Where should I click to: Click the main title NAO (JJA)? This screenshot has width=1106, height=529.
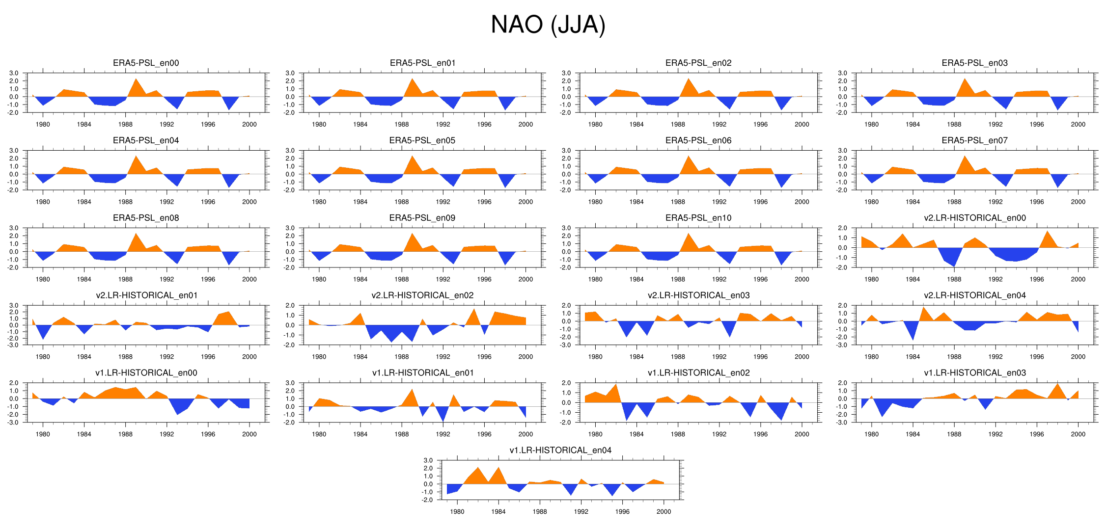pyautogui.click(x=548, y=25)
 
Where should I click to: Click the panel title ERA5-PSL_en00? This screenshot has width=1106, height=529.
pyautogui.click(x=146, y=63)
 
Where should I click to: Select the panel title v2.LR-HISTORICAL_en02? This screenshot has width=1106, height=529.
pyautogui.click(x=422, y=295)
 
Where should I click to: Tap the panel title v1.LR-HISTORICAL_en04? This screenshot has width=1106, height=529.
pyautogui.click(x=560, y=450)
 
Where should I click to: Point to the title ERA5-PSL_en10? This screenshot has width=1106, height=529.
pyautogui.click(x=698, y=218)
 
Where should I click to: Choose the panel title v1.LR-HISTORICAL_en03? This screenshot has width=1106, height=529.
pyautogui.click(x=974, y=372)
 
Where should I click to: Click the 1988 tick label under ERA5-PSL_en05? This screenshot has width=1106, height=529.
pyautogui.click(x=402, y=202)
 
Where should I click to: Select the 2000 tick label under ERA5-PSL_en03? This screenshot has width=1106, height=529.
pyautogui.click(x=1078, y=124)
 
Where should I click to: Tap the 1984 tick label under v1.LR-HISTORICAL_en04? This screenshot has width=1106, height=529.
pyautogui.click(x=498, y=511)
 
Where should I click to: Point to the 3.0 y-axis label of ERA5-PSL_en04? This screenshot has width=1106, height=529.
pyautogui.click(x=14, y=151)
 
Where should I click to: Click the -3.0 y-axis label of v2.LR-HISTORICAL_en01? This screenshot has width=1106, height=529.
pyautogui.click(x=14, y=345)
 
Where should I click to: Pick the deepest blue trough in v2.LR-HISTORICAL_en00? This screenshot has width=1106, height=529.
pyautogui.click(x=954, y=265)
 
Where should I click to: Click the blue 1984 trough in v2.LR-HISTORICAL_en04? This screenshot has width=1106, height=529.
pyautogui.click(x=912, y=339)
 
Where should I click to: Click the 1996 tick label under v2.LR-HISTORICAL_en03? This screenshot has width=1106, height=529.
pyautogui.click(x=760, y=357)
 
